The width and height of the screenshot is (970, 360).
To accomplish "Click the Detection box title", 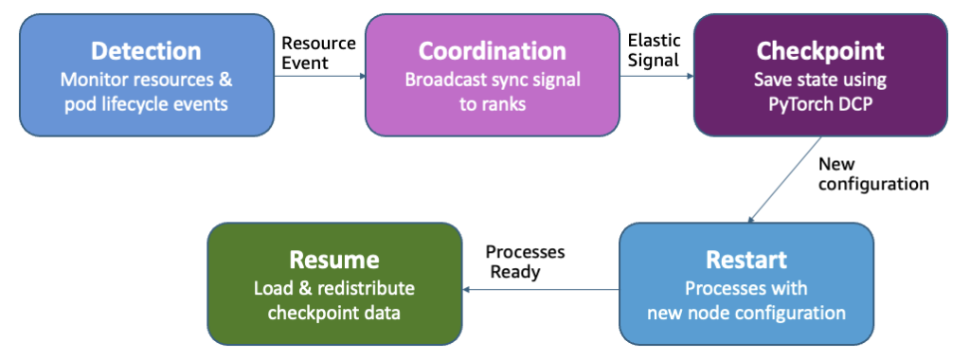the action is (x=146, y=51).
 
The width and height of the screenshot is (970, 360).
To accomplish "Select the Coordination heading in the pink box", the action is (x=492, y=51).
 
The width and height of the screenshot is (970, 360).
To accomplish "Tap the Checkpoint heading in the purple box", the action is (x=820, y=52).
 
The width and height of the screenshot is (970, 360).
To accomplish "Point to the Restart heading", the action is (x=746, y=260).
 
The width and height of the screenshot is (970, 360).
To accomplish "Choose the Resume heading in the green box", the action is (x=334, y=260).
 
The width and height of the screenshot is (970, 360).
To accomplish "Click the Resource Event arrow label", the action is (x=318, y=53).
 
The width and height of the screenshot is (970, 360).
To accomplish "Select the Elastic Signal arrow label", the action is (x=654, y=51).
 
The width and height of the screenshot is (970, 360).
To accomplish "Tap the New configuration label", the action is (x=873, y=173).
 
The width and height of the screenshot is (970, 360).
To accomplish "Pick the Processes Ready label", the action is (x=525, y=261).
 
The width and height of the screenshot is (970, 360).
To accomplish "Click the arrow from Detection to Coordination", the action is (x=320, y=77).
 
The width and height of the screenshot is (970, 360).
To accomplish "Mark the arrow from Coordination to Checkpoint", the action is (x=656, y=77).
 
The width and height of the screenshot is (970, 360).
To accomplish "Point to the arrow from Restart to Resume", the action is (x=541, y=289).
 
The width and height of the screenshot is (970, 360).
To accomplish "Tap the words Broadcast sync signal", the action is (x=493, y=81).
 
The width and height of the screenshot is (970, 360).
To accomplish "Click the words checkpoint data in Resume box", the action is (x=334, y=313).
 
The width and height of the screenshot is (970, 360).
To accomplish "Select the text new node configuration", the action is (x=746, y=313).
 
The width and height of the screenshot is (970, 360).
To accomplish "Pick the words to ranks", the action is (x=493, y=104).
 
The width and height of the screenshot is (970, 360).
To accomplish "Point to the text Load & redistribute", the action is (x=334, y=288).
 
